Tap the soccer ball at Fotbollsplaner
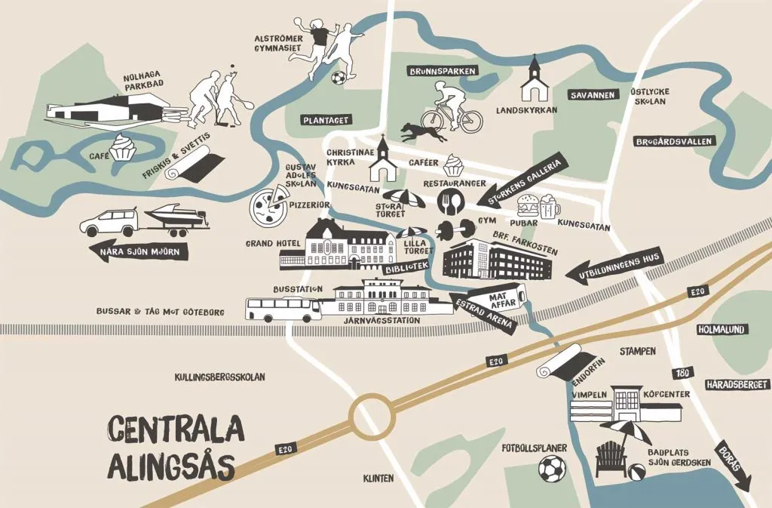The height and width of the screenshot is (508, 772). click(552, 469)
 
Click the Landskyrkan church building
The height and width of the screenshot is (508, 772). click(535, 80)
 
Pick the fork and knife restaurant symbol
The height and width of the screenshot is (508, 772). click(452, 200)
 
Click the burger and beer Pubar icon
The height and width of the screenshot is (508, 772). click(539, 206)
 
